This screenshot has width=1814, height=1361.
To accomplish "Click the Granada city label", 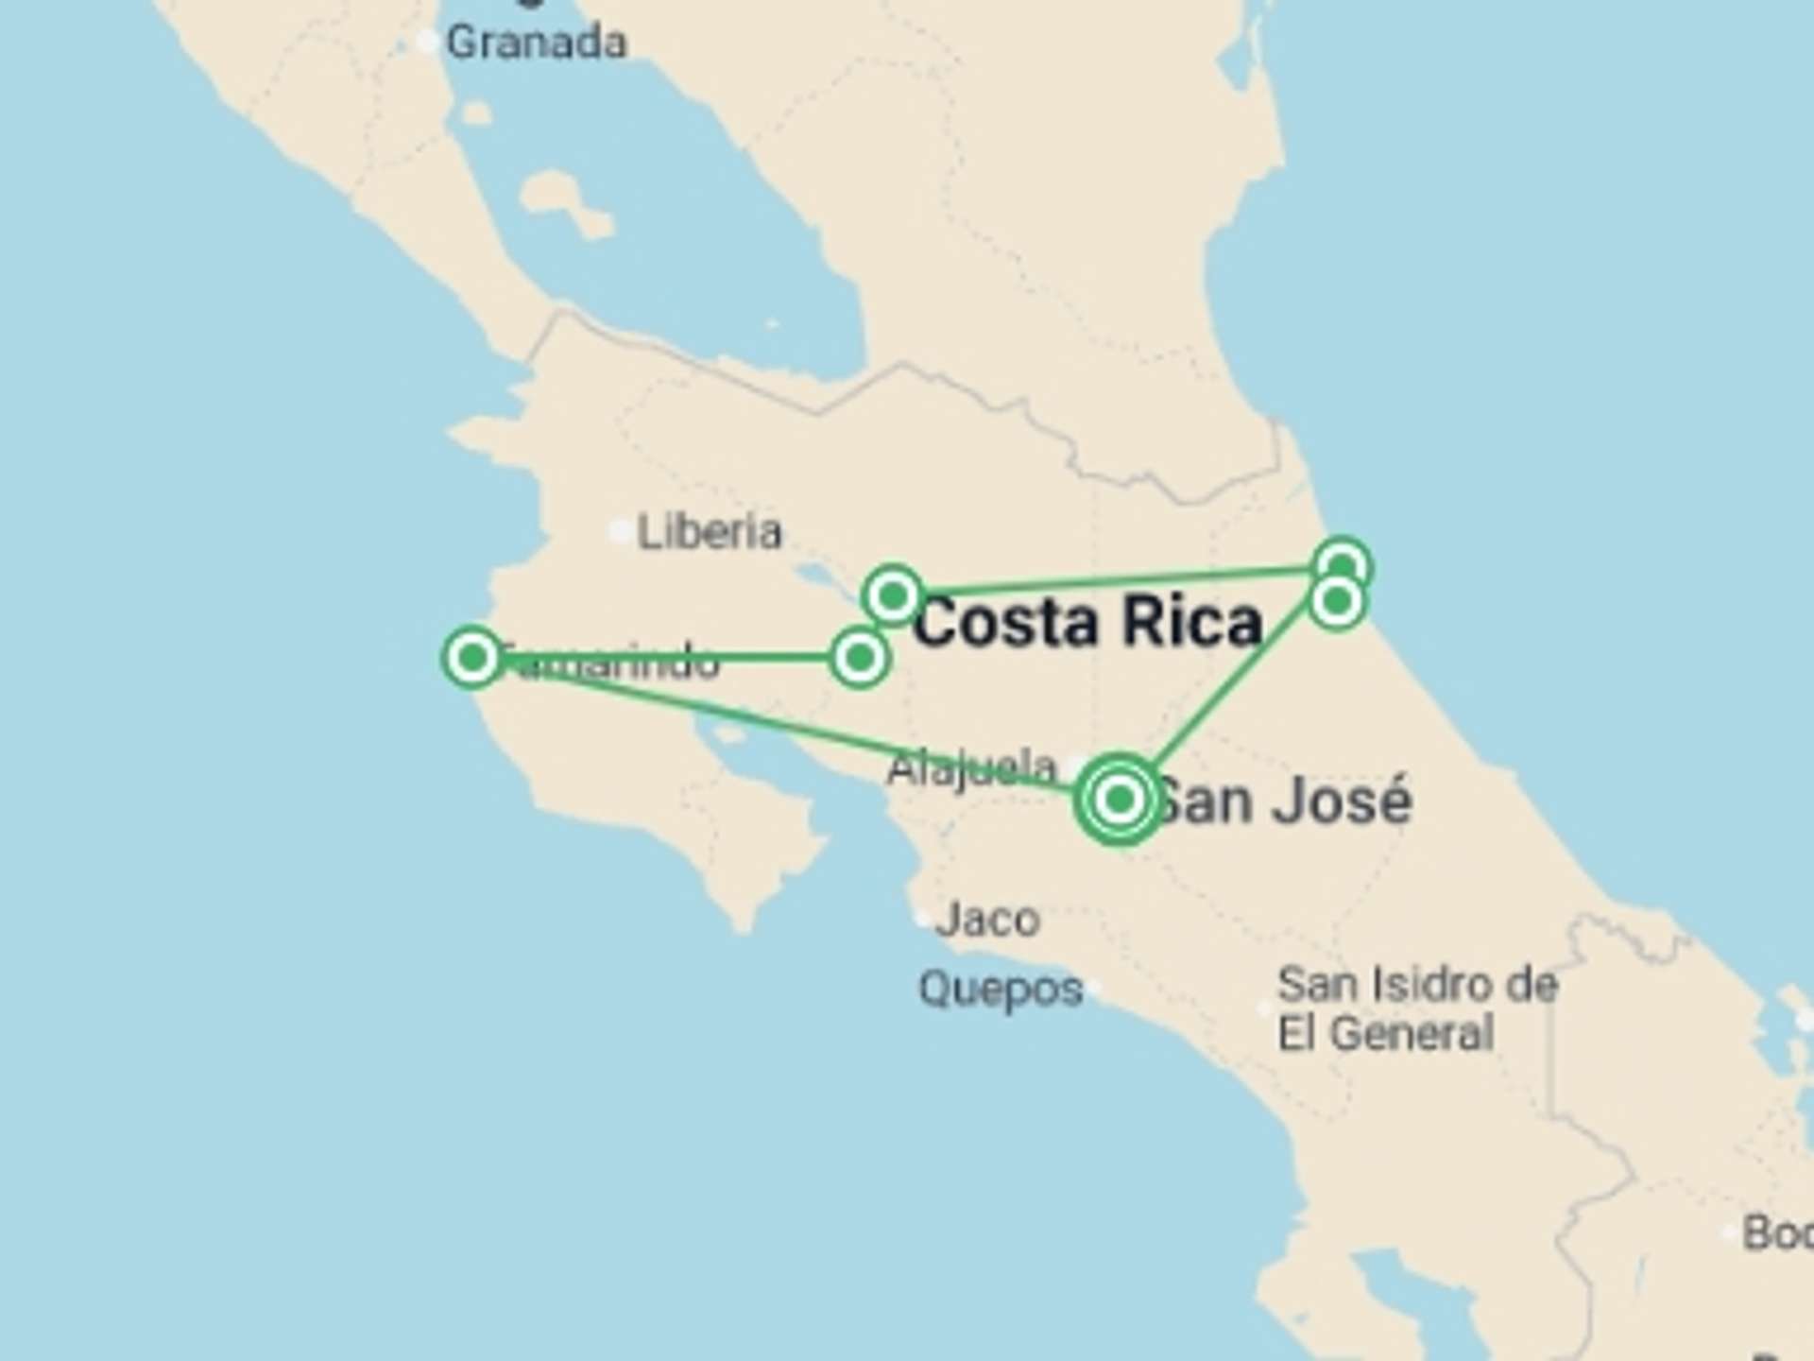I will coord(536,43).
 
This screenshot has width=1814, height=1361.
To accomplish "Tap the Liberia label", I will coord(710,532).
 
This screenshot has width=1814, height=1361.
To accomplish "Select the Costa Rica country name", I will coord(1088,623).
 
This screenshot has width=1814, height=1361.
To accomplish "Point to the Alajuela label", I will coord(971,767).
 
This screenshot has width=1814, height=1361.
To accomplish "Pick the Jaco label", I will coord(988,920).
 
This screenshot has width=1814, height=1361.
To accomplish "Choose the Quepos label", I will coord(1001,990).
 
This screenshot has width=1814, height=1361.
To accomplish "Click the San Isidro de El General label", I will coord(1417,1008).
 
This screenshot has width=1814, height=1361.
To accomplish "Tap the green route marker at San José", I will coord(1120,800).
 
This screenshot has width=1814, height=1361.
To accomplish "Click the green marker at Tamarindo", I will coord(472,656).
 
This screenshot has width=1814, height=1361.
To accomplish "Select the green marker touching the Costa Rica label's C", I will coord(893,596).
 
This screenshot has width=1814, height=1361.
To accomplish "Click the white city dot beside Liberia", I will coord(620,532).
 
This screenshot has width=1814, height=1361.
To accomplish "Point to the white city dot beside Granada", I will coord(428,42).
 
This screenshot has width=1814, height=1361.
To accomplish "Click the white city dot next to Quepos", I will coord(1093,989).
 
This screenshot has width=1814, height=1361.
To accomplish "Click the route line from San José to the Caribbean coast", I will coord(1228,699).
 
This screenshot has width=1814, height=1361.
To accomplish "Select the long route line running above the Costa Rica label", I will coord(1115,581).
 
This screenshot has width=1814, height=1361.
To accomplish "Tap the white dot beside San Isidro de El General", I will coord(1264,1008).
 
